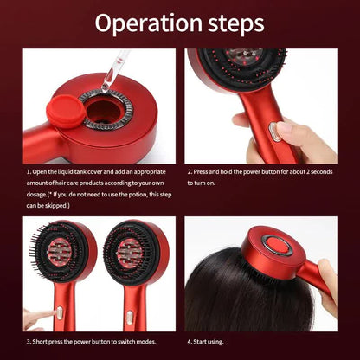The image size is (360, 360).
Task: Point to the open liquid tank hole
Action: pyautogui.click(x=106, y=112)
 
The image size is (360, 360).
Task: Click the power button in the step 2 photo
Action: pyautogui.click(x=275, y=132)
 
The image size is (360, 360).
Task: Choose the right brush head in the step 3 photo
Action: pyautogui.click(x=138, y=255)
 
